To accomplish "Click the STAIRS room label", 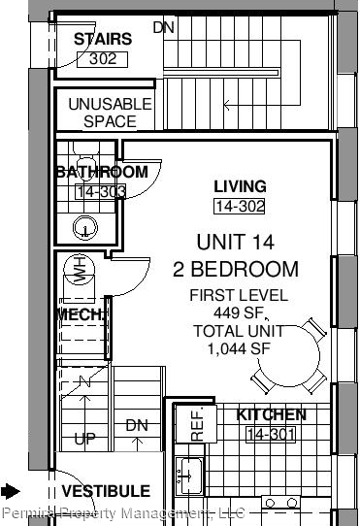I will [102, 40].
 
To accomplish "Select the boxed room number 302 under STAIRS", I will [102, 58].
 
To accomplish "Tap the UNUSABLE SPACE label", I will [110, 113].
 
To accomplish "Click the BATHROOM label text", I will [101, 172].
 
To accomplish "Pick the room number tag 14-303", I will [100, 191].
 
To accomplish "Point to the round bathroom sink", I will [87, 228].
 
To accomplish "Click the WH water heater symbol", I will [78, 270].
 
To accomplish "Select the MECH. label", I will [82, 315].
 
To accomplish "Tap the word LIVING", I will [240, 186].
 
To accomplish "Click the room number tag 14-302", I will [239, 206].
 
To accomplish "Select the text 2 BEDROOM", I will [236, 269].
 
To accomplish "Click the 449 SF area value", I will [237, 312].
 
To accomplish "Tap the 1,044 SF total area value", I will [237, 347].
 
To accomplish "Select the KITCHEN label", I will [272, 414].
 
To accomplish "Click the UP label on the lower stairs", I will [85, 439].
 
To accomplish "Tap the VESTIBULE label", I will [107, 491].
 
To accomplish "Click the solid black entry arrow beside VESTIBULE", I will [11, 491].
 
